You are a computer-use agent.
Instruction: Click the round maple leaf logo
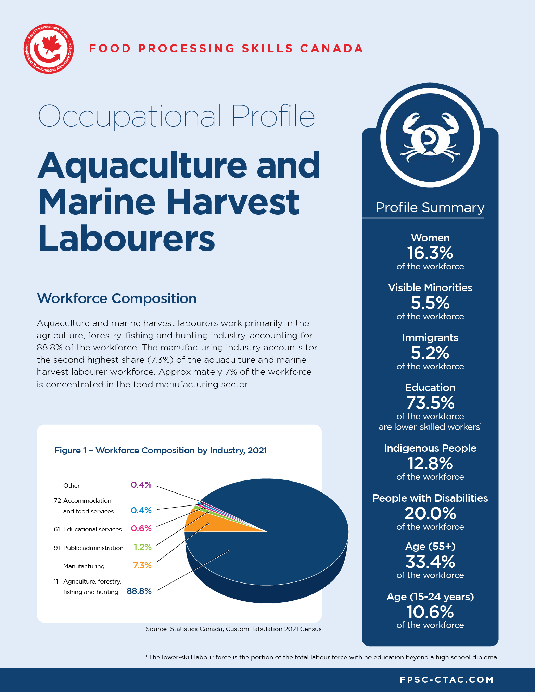pyautogui.click(x=49, y=49)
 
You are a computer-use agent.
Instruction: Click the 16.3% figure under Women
pyautogui.click(x=430, y=253)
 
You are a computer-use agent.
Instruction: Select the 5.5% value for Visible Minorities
pyautogui.click(x=430, y=303)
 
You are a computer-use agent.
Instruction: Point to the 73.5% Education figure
pyautogui.click(x=430, y=403)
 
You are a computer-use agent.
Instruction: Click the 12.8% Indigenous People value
pyautogui.click(x=430, y=464)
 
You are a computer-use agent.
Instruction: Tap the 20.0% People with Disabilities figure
pyautogui.click(x=430, y=513)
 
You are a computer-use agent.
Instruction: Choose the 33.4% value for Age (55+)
pyautogui.click(x=430, y=562)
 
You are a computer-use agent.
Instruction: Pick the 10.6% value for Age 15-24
pyautogui.click(x=430, y=612)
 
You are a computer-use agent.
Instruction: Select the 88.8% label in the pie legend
pyautogui.click(x=139, y=591)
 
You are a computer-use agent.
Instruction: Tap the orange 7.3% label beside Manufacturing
pyautogui.click(x=142, y=565)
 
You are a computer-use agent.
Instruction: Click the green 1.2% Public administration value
pyautogui.click(x=142, y=547)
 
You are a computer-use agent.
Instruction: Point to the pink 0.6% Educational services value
pyautogui.click(x=141, y=528)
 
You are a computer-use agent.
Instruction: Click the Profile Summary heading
pyautogui.click(x=430, y=207)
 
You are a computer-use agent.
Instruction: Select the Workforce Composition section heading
pyautogui.click(x=116, y=298)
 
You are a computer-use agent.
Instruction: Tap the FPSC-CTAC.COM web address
pyautogui.click(x=446, y=680)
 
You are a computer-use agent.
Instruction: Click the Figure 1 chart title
pyautogui.click(x=161, y=450)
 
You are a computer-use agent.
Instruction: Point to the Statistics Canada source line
pyautogui.click(x=233, y=629)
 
